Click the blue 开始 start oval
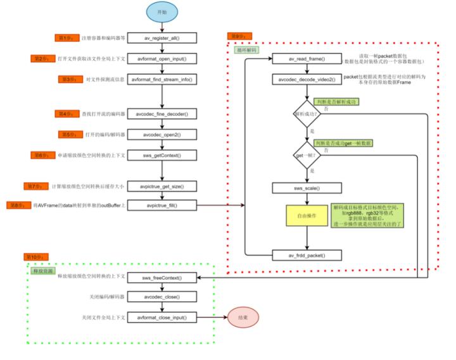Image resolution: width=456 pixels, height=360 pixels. (163, 13)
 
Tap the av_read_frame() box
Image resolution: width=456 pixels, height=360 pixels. (307, 59)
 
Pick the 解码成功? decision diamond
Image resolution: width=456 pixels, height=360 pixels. (307, 115)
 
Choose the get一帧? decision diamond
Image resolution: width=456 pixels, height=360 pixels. (307, 155)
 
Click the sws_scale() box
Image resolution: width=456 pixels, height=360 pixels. (307, 188)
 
